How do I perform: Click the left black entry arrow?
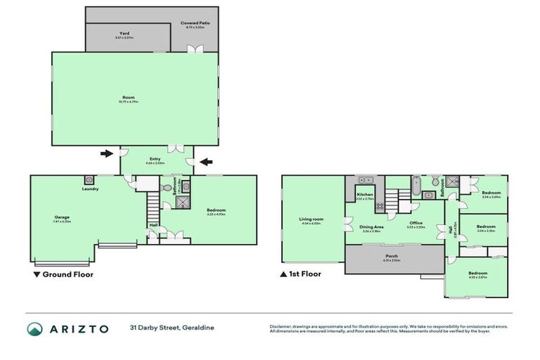pos(106,153)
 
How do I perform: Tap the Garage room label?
pos(62,218)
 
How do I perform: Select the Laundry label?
pos(89,188)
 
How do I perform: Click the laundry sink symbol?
pos(89,180)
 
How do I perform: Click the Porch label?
pos(391,257)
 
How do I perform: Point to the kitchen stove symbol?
pos(380,206)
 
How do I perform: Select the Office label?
pos(416,223)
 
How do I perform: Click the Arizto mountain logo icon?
pos(34,328)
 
